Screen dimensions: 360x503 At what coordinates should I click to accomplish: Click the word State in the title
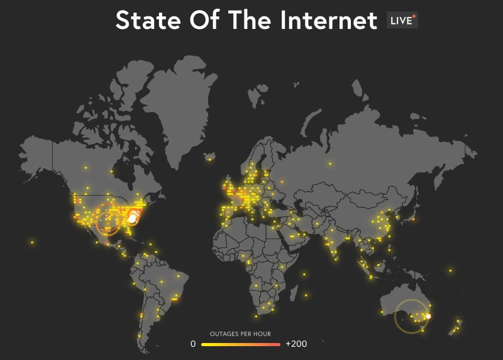coord(146,20)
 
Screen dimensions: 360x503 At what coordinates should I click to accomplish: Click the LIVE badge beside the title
coord(402,20)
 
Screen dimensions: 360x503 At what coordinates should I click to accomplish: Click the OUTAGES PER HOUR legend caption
coord(240,334)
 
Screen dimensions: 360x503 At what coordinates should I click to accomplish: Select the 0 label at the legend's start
coord(194,344)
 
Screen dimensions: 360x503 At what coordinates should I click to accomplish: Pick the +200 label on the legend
coord(296,344)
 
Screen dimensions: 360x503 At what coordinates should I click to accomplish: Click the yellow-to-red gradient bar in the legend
coord(240,344)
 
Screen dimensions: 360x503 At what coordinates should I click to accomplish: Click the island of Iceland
coord(210,156)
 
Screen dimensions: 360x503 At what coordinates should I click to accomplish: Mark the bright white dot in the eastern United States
coord(132,218)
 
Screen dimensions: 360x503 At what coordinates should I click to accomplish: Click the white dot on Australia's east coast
coord(428,316)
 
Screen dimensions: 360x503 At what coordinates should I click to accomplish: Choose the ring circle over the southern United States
coord(108,222)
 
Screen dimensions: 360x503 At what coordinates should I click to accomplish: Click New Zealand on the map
coord(456,326)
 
